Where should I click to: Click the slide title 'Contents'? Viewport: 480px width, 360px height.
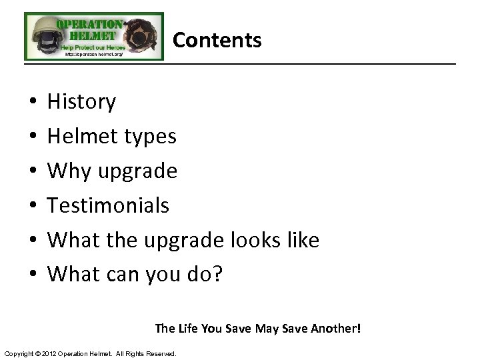(217, 40)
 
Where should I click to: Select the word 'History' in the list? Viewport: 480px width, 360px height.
(81, 102)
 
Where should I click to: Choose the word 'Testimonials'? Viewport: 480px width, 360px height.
(108, 205)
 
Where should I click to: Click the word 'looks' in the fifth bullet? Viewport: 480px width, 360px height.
(257, 240)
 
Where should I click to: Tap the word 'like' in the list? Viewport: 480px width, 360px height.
(303, 240)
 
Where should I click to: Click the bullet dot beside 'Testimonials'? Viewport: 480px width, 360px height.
(33, 206)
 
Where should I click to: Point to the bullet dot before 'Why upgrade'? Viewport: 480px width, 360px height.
(33, 171)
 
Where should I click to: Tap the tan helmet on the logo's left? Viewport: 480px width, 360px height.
(41, 36)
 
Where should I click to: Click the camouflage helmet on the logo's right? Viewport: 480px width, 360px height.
(142, 35)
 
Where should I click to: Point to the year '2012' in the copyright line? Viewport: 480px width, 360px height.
(51, 353)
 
